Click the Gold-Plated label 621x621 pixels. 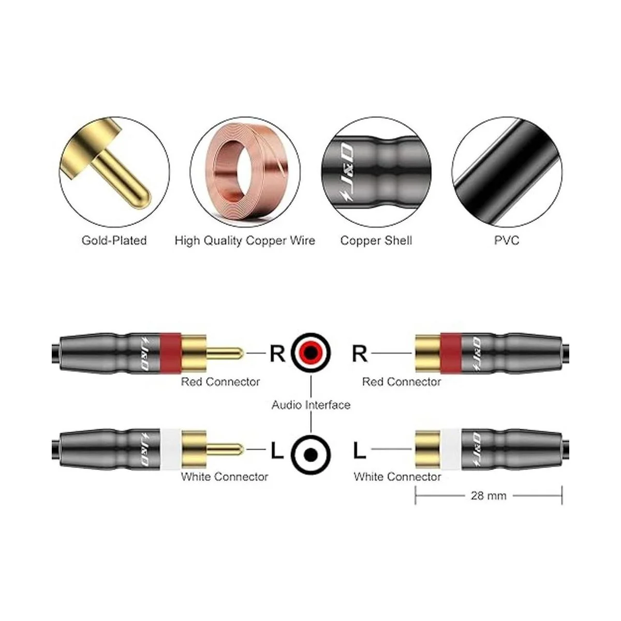pos(114,241)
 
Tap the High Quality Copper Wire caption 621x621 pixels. pos(245,241)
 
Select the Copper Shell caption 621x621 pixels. pos(376,241)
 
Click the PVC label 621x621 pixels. pos(507,241)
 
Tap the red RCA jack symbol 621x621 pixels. pos(310,353)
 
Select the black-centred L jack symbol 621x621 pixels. pos(310,455)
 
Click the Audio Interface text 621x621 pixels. pos(311,405)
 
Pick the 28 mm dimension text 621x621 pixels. pos(489,495)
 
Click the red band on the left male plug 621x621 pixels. pos(170,353)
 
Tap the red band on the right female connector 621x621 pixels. pos(451,353)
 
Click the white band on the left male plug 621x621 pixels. pos(170,449)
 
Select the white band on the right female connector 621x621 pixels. pos(451,449)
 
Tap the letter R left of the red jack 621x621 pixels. pos(277,353)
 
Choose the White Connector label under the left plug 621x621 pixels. pos(225,477)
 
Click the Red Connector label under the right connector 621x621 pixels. pos(402,382)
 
